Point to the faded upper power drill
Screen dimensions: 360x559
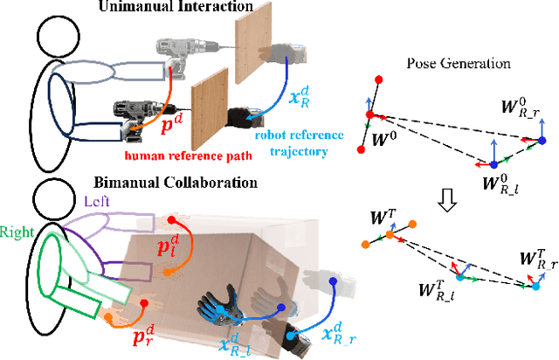click(181, 52)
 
